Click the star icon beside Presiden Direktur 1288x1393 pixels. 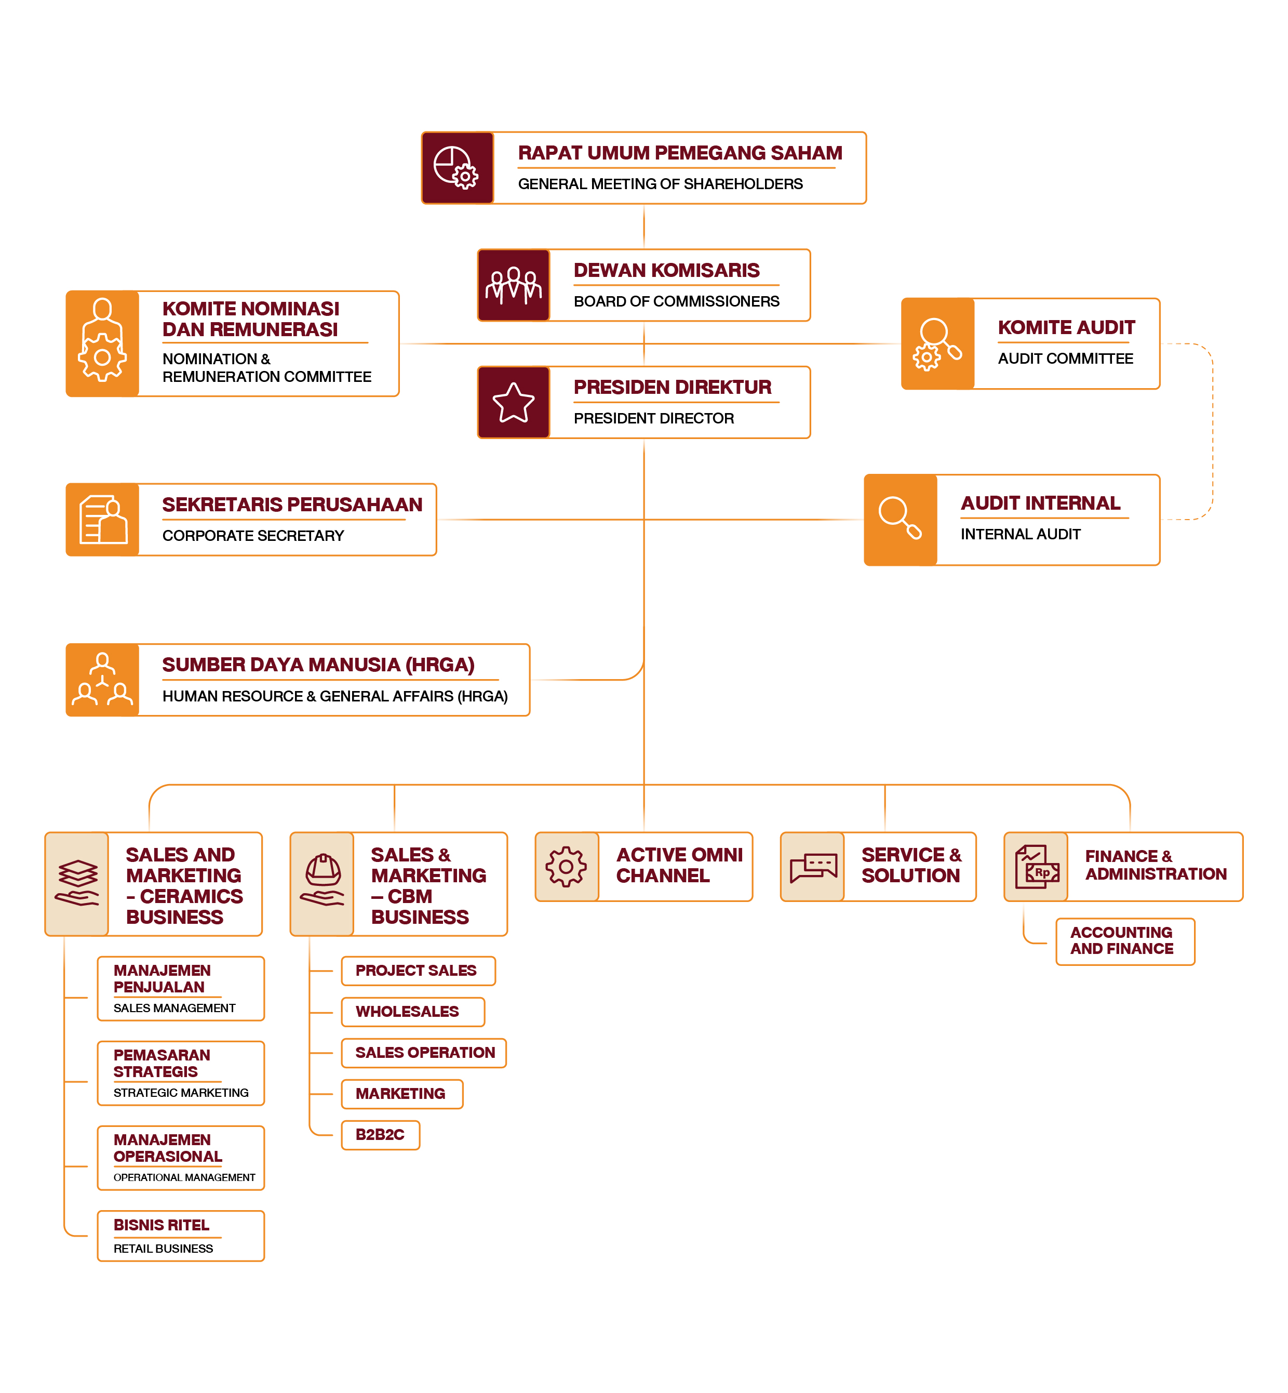pos(513,402)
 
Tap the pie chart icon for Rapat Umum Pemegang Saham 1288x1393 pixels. pos(457,167)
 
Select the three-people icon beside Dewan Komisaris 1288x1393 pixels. pos(513,285)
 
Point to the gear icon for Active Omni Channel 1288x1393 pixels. pos(566,867)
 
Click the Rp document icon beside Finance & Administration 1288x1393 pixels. pos(1037,867)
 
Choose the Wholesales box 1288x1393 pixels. pos(412,1012)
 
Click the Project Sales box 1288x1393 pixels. pos(418,971)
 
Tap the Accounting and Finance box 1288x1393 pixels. pos(1124,941)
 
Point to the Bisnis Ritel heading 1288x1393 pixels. pos(162,1225)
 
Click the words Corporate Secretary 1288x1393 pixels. pos(253,536)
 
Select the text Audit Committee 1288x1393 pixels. pos(1065,359)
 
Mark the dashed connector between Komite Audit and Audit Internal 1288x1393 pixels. pos(1212,432)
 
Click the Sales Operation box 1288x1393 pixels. pos(424,1053)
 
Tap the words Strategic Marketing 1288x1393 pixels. pos(181,1093)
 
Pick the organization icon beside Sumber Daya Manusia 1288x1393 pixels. pos(102,680)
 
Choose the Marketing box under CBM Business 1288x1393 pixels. pos(401,1094)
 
